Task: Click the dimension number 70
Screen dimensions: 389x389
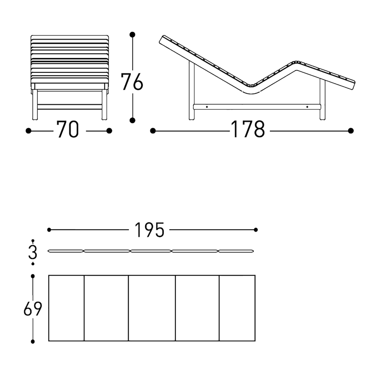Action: [67, 129]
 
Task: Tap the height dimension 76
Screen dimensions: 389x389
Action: [132, 82]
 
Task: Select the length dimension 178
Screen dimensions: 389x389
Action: [247, 129]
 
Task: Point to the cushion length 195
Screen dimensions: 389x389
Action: [149, 230]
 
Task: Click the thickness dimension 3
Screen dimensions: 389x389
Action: [33, 252]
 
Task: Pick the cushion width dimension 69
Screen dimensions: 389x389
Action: [33, 309]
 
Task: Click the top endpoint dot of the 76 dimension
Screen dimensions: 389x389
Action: [132, 34]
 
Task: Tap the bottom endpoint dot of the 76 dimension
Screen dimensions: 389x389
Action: [132, 121]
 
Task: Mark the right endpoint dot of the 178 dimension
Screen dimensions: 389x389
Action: [351, 131]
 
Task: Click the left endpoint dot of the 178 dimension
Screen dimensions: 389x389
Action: [153, 131]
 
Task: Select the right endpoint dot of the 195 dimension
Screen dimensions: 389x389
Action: [256, 230]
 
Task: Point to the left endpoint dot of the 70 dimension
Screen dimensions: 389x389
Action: [29, 131]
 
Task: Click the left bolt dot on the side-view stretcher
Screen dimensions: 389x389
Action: [207, 107]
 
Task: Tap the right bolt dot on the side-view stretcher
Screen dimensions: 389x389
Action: [307, 107]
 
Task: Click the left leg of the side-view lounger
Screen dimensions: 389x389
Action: [192, 90]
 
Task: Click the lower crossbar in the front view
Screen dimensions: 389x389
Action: [70, 107]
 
